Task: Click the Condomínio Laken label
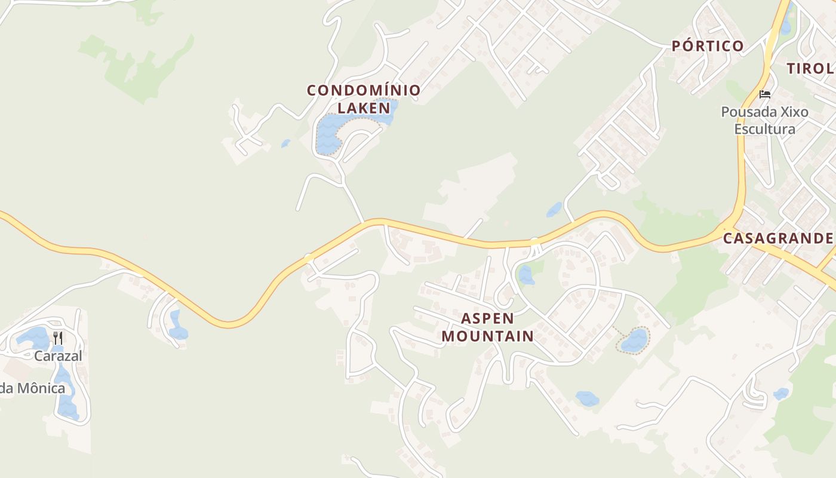[x=364, y=99]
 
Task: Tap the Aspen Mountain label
[x=488, y=327]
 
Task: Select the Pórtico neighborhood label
[x=708, y=46]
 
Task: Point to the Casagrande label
[x=777, y=238]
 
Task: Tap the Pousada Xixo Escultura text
[x=764, y=120]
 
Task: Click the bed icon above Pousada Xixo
[x=765, y=94]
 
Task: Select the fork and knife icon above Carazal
[x=58, y=338]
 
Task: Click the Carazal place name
[x=58, y=356]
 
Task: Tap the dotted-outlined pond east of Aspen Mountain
[x=634, y=341]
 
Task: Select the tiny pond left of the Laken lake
[x=286, y=143]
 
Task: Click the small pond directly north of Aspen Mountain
[x=526, y=275]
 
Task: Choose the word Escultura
[x=764, y=129]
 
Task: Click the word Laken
[x=364, y=108]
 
